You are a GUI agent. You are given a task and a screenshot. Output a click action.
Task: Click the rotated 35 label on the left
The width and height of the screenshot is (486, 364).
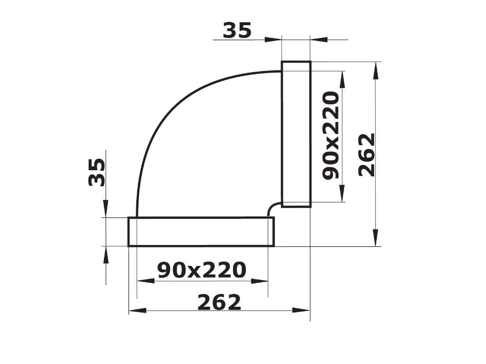(97, 172)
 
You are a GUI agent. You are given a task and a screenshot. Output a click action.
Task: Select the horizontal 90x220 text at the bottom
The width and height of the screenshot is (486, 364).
(202, 270)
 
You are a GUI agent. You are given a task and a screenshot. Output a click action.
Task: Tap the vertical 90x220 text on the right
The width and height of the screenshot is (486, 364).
(331, 136)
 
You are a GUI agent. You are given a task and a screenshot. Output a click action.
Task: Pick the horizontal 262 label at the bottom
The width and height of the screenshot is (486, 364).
(219, 302)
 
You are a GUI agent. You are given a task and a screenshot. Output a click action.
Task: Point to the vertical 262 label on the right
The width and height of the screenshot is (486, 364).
(366, 155)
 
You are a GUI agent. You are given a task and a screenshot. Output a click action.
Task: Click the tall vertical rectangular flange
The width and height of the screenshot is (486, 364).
(296, 134)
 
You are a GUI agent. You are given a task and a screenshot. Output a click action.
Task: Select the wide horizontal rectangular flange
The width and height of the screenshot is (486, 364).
(201, 232)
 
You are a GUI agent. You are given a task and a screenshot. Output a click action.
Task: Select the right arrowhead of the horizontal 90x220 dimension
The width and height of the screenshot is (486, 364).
(259, 281)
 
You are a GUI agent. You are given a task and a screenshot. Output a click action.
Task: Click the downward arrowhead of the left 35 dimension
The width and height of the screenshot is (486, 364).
(105, 209)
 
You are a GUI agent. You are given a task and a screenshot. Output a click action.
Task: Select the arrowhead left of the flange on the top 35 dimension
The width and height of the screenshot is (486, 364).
(273, 40)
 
